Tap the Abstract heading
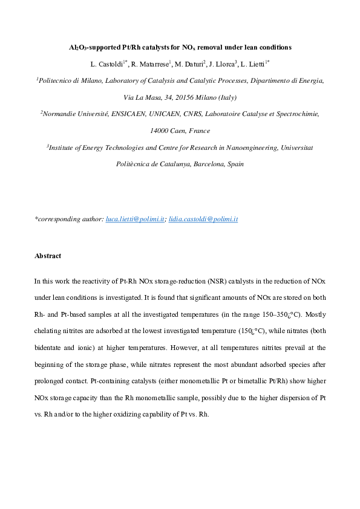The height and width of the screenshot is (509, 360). [48, 256]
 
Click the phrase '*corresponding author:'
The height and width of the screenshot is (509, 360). [69, 219]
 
